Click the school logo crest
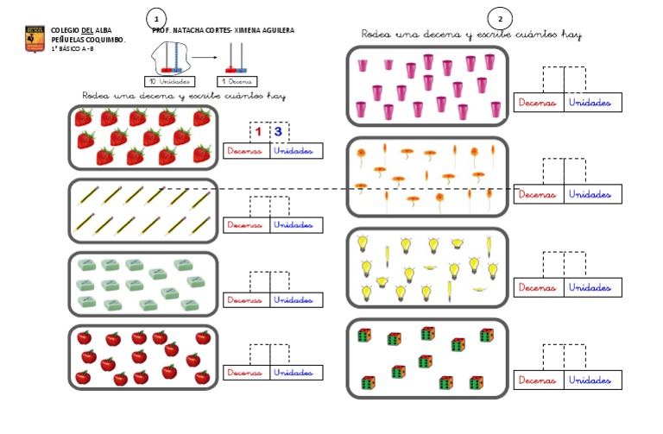tap(35, 38)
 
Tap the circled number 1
tap(155, 19)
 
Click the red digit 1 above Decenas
tap(258, 132)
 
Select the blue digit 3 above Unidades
tap(278, 132)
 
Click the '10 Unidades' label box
tap(169, 81)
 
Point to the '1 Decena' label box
tap(234, 81)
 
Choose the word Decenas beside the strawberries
tap(243, 151)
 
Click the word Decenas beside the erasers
tap(243, 299)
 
